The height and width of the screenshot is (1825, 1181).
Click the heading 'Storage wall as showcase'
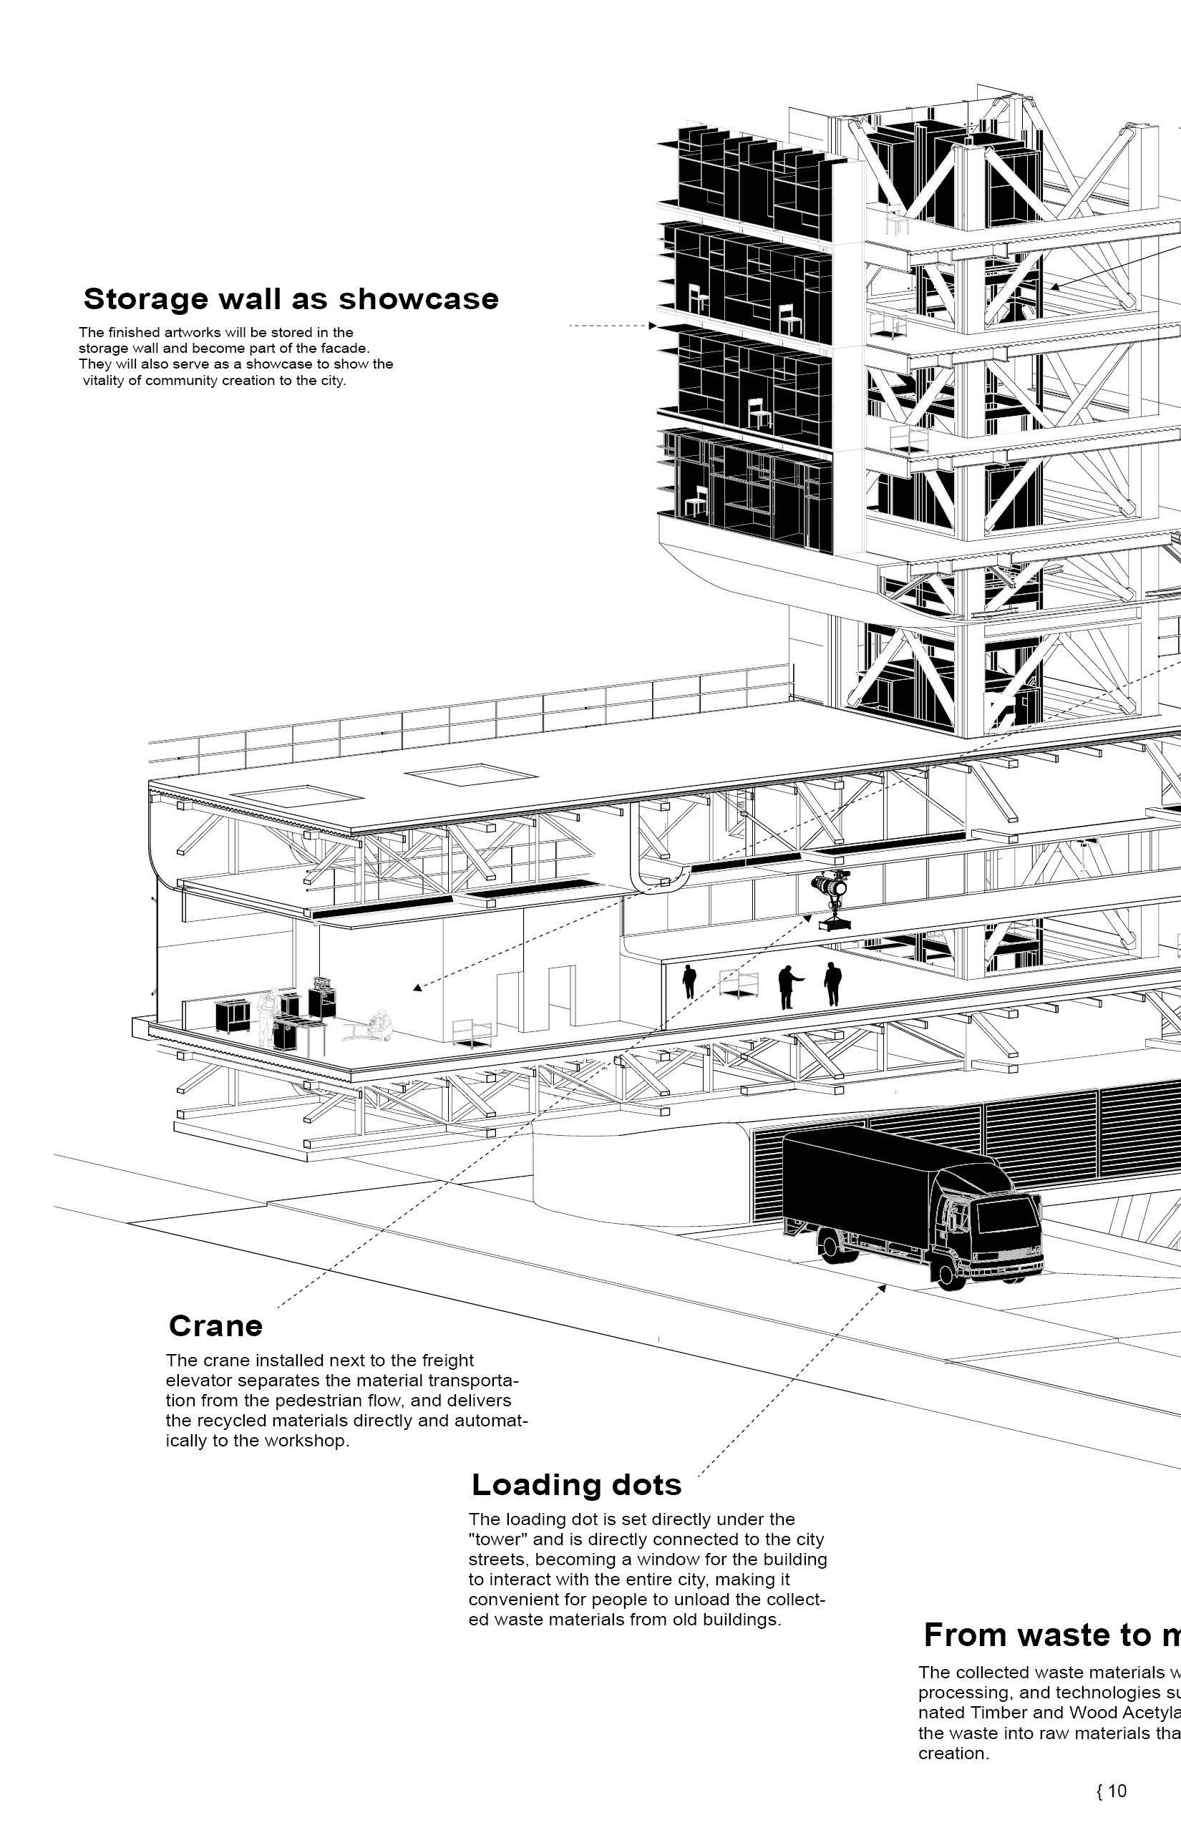(291, 299)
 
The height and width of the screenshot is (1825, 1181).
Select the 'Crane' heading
(215, 1325)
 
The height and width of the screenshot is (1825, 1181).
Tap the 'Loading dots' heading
(576, 1485)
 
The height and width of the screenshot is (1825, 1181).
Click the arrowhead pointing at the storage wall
(652, 326)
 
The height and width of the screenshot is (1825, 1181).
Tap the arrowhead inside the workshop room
(417, 988)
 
